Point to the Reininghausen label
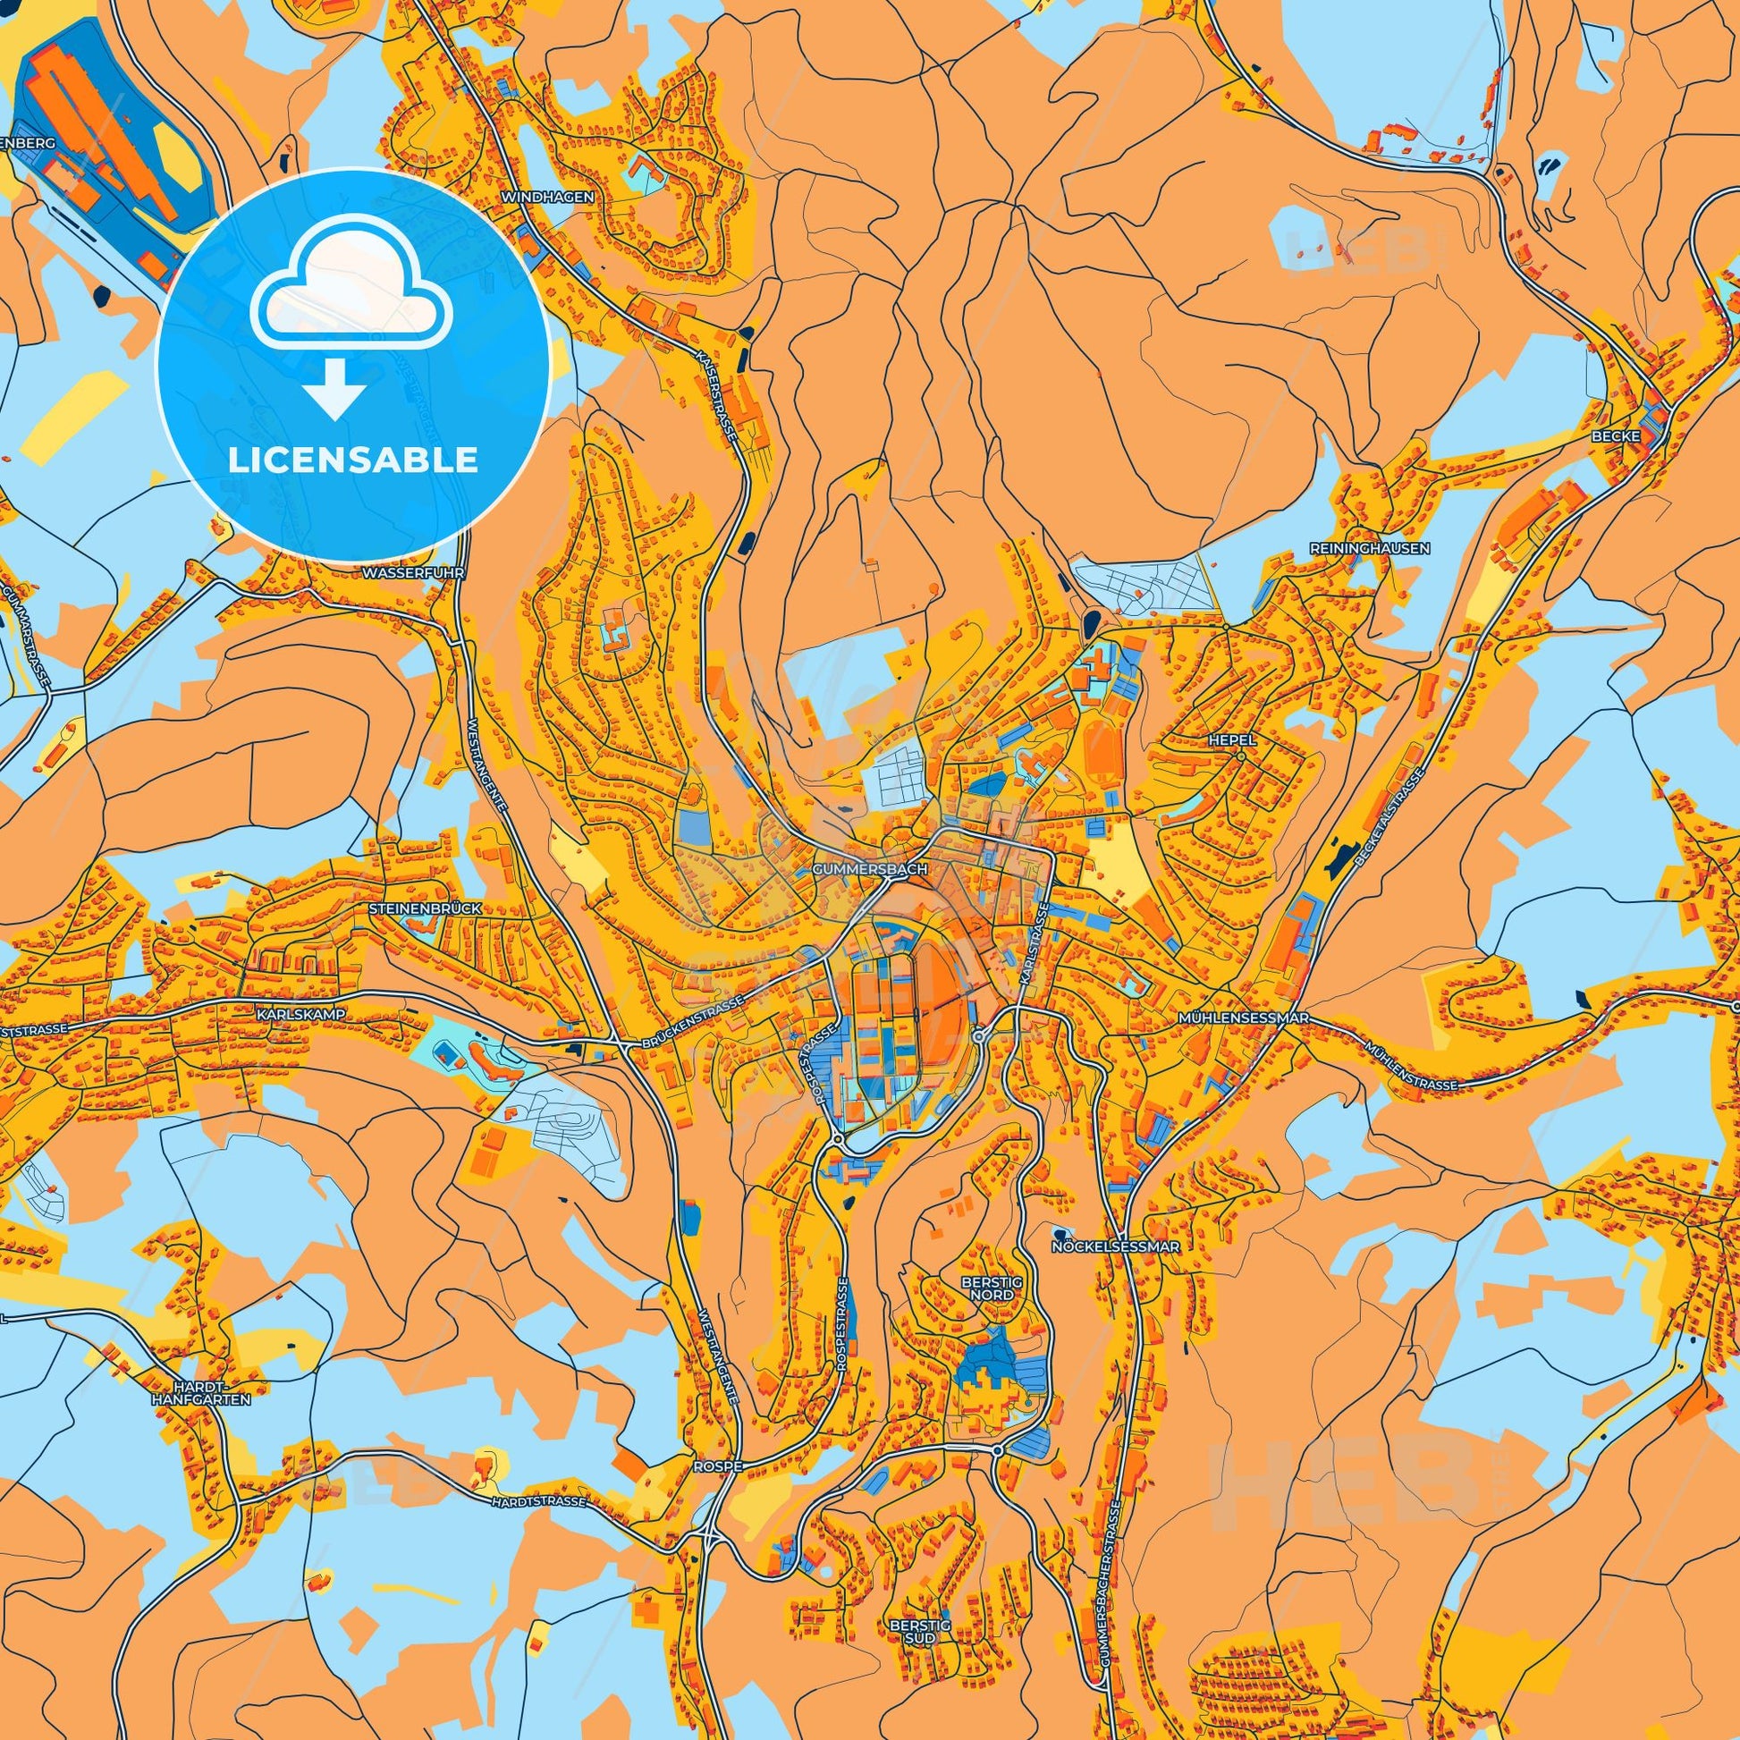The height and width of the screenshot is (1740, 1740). point(1371,547)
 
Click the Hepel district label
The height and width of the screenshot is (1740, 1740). point(1232,739)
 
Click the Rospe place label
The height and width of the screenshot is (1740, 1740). point(718,1466)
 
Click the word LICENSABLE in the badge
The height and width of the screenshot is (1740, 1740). point(352,460)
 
